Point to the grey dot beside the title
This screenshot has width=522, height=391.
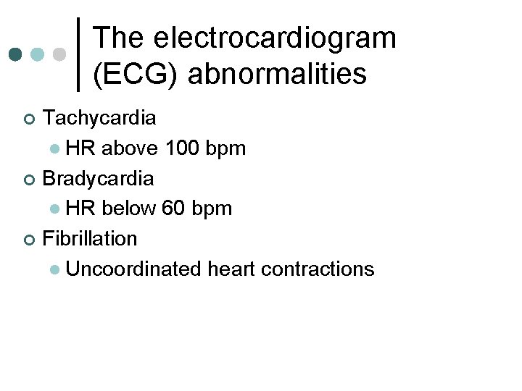coord(60,54)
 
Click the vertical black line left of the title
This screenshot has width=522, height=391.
coord(79,54)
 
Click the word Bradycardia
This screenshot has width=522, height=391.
coord(98,177)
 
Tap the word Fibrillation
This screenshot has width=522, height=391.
coord(90,237)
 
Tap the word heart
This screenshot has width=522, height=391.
coord(231,269)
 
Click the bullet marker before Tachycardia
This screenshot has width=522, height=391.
coord(28,118)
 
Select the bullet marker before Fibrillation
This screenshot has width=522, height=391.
coord(28,239)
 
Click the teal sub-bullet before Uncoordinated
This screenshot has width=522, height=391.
coord(55,270)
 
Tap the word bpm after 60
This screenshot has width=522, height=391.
coord(214,209)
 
